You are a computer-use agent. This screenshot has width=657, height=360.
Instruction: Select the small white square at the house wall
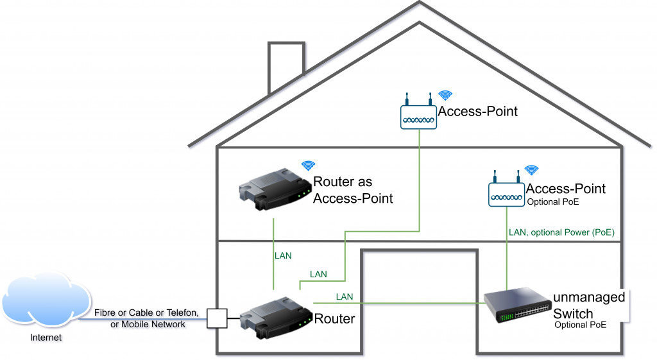(217, 318)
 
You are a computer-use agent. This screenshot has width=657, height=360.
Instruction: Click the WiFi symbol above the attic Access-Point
(445, 96)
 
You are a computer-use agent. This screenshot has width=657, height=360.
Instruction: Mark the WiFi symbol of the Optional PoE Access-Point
(532, 170)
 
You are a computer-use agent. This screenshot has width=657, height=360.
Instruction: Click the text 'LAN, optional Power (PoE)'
(561, 232)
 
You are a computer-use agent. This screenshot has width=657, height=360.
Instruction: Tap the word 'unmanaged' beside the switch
(589, 298)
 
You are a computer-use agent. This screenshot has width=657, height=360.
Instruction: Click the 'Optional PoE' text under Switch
(581, 326)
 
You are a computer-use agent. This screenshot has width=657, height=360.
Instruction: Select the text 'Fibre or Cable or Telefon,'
(150, 313)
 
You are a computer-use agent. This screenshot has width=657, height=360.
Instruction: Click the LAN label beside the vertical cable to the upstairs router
(283, 255)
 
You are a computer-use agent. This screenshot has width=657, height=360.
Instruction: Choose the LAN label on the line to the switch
(344, 296)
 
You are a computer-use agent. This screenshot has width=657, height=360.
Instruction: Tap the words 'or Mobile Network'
(148, 324)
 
